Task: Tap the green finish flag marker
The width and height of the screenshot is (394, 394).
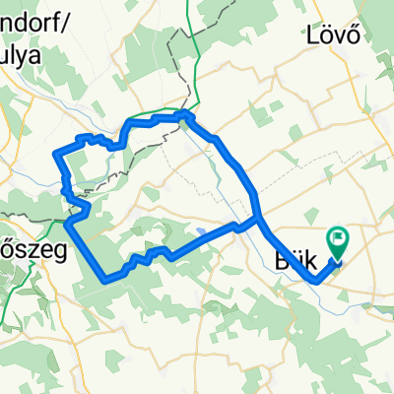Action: (x=338, y=239)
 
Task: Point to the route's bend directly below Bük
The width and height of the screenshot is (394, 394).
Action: (x=317, y=281)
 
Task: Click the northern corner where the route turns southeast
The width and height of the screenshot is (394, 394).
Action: (x=188, y=116)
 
